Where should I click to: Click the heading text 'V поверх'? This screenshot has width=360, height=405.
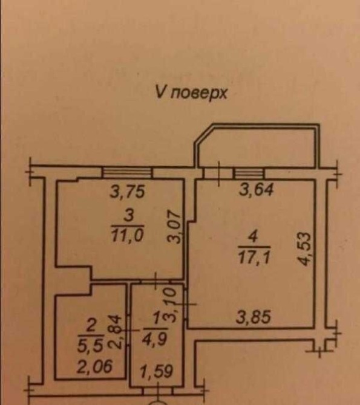(191, 92)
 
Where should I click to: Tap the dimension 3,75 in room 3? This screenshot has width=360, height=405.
(127, 192)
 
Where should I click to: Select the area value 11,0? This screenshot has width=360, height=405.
(127, 236)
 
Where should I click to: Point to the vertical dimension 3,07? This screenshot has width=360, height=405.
(174, 227)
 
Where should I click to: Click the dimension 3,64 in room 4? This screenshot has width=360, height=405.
(256, 190)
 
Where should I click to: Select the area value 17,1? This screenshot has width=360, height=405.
(254, 258)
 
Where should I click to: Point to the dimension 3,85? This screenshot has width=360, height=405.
(254, 317)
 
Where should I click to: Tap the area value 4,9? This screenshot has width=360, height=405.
(155, 339)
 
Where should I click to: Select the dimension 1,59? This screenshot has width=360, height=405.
(156, 371)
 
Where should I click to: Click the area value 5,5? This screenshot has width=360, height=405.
(90, 346)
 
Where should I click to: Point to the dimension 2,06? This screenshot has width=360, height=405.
(94, 366)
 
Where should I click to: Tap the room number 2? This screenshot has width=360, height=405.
(91, 326)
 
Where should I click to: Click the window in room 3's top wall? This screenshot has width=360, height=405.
(127, 172)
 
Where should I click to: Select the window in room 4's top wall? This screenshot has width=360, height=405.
(249, 173)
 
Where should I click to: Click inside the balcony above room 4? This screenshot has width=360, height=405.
(257, 147)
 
